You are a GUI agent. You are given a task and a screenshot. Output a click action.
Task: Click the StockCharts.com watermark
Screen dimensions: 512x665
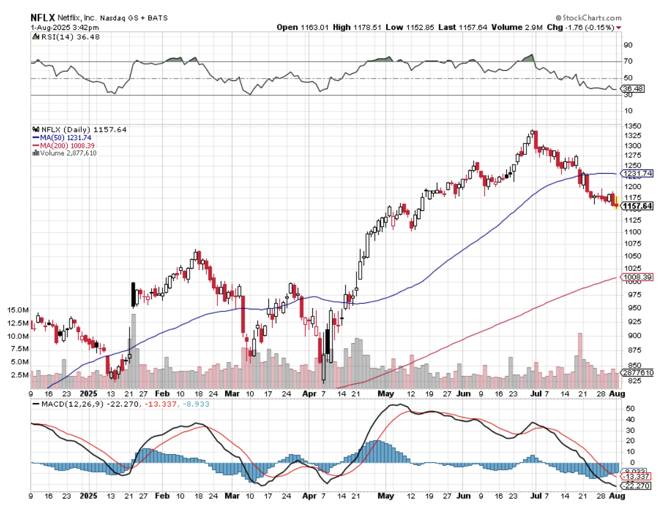click(x=588, y=18)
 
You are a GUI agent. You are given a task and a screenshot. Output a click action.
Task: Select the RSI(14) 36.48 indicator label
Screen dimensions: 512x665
click(x=66, y=37)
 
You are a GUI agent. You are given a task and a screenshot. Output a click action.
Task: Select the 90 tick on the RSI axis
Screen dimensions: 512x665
click(x=627, y=44)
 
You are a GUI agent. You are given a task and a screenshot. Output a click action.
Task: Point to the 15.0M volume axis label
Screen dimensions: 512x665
click(x=18, y=310)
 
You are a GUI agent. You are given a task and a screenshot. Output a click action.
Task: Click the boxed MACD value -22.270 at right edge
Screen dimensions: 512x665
click(x=637, y=486)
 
